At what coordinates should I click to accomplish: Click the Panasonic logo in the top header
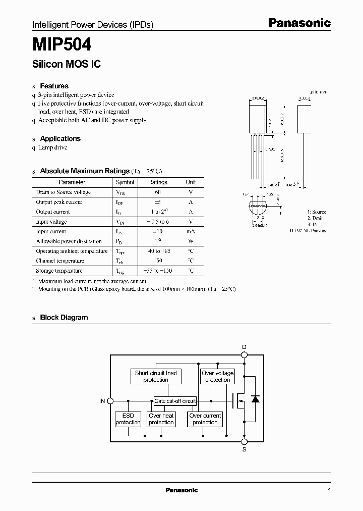point(298,23)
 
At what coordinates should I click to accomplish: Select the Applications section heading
point(60,138)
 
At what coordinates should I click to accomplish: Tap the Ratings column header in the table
point(157,182)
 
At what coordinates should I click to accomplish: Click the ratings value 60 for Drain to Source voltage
point(157,192)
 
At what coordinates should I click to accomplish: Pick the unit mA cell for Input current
point(191,231)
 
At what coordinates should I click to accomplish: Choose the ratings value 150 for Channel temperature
point(157,261)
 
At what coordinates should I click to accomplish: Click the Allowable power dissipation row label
point(69,241)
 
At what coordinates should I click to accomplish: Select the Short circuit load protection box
point(156,376)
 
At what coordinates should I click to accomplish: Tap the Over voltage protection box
point(218,376)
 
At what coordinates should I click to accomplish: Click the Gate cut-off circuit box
point(175,401)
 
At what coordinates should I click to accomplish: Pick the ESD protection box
point(128,419)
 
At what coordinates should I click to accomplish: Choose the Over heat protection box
point(161,419)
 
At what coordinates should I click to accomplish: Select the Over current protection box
point(205,419)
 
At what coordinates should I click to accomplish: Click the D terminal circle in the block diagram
point(245,355)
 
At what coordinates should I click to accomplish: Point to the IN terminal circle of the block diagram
point(111,401)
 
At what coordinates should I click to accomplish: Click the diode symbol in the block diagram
point(255,399)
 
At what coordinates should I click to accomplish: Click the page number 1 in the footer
point(329,490)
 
